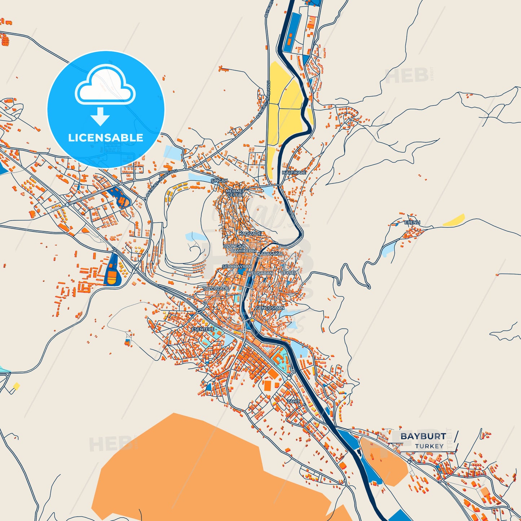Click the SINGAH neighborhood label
[x=219, y=180]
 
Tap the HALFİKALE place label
[x=294, y=173]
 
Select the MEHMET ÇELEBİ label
[x=235, y=193]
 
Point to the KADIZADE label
[x=250, y=234]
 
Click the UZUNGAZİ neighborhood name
[x=234, y=246]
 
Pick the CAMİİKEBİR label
[x=243, y=251]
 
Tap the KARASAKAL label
[x=270, y=254]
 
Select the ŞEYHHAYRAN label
[x=237, y=266]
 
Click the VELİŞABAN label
[x=260, y=273]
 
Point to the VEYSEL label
[x=289, y=273]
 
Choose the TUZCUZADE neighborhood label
[x=216, y=289]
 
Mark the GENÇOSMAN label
[x=270, y=308]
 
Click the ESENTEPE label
[x=203, y=329]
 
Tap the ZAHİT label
[x=293, y=401]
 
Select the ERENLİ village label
[x=412, y=222]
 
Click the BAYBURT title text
[x=423, y=436]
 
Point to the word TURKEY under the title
[x=429, y=446]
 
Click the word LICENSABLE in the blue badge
[x=106, y=138]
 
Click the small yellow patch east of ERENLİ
[x=454, y=220]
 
